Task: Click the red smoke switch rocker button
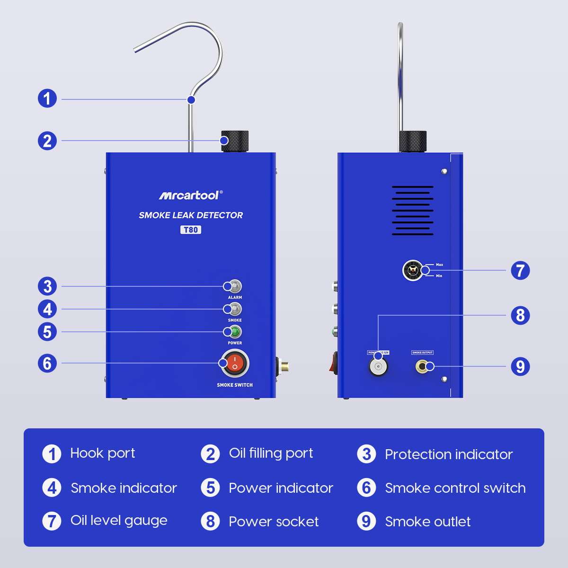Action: pos(234,364)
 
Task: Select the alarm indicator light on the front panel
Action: pos(233,286)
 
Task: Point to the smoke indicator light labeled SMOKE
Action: pos(233,309)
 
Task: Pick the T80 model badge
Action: pos(190,230)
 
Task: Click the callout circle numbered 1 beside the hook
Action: pos(47,99)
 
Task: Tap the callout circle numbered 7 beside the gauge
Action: pos(520,271)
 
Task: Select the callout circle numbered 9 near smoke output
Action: pos(520,366)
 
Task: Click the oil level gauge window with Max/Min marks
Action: pos(412,271)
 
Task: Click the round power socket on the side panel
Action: pos(378,366)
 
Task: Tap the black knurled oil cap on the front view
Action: pos(234,141)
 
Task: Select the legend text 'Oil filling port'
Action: pos(271,453)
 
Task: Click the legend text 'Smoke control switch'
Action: pos(455,488)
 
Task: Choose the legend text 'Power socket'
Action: pos(274,522)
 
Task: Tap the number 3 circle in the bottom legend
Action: pos(366,454)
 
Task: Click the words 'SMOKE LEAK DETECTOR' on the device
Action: pos(191,215)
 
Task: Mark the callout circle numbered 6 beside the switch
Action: pos(47,364)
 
